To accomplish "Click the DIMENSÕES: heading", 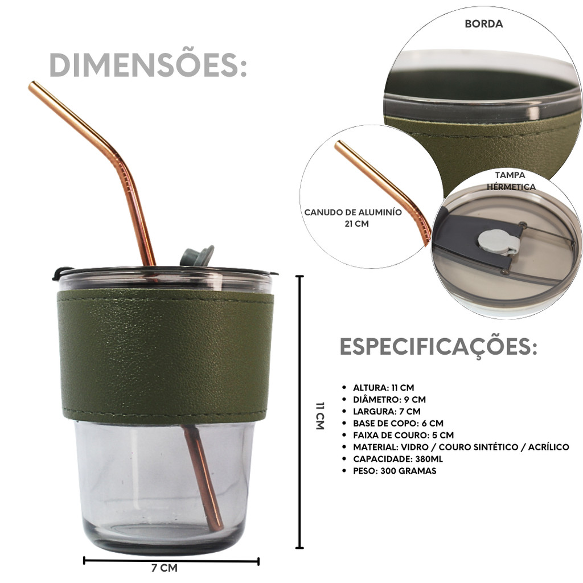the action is (148, 65).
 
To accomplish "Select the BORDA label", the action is (484, 24).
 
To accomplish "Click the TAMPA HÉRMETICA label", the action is (511, 180).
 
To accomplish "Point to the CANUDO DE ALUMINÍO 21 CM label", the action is (353, 218).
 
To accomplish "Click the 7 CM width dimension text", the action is (165, 568).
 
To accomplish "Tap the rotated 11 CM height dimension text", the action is (320, 416).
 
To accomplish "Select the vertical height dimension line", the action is (299, 412).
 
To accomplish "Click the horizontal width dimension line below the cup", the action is (171, 561).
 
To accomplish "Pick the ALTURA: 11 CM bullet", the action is (383, 388).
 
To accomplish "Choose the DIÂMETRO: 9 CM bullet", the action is (389, 400).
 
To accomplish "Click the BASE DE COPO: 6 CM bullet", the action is (398, 424).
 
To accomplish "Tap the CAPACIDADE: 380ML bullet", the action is (398, 459).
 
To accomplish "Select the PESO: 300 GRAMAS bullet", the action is (395, 471).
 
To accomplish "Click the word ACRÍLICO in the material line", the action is (548, 447).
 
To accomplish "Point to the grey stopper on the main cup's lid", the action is (197, 256).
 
